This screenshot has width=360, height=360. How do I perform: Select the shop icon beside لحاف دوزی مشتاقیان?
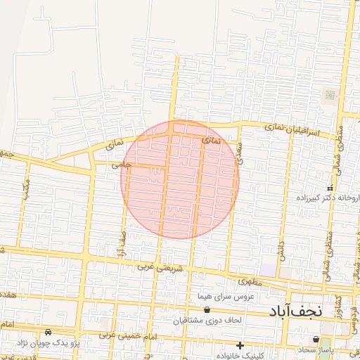[x=207, y=309]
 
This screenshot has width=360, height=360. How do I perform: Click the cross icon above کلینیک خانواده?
[x=240, y=345]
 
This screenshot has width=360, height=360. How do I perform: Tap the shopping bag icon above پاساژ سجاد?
[x=316, y=340]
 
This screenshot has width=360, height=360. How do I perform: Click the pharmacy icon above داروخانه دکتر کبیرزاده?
[x=330, y=188]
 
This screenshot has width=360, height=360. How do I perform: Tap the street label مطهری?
[x=250, y=281]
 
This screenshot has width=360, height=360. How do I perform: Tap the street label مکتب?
[x=26, y=188]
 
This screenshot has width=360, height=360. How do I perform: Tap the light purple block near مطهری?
[x=268, y=269]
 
